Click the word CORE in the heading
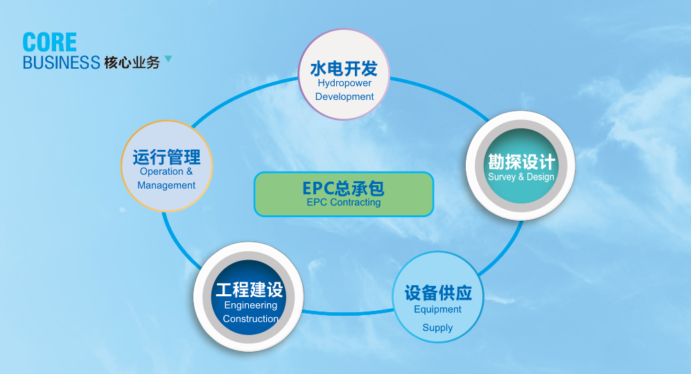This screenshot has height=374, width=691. [x=49, y=42]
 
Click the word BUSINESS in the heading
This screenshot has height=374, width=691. [x=61, y=62]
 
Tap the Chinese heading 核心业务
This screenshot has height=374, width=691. [x=132, y=62]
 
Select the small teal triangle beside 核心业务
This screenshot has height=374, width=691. [x=168, y=60]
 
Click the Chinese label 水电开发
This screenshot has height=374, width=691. [x=344, y=68]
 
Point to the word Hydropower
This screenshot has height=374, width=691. [x=344, y=83]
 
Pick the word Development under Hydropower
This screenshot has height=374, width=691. [x=344, y=96]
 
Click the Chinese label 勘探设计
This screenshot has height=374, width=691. [x=521, y=162]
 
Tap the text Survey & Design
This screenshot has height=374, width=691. [x=521, y=177]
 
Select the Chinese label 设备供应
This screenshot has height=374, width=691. [x=438, y=293]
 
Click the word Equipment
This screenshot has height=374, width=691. [x=437, y=309]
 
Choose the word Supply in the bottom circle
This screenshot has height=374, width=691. [x=437, y=328]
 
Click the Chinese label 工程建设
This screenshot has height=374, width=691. [x=250, y=290]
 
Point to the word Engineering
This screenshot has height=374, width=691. [x=250, y=305]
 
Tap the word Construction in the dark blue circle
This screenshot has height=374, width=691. [x=250, y=319]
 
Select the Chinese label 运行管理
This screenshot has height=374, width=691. [x=166, y=157]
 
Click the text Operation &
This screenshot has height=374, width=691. [x=166, y=171]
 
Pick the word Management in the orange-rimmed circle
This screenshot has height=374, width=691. [x=166, y=185]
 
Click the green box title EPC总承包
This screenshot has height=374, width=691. [x=343, y=188]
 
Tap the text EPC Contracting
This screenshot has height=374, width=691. [x=343, y=203]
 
